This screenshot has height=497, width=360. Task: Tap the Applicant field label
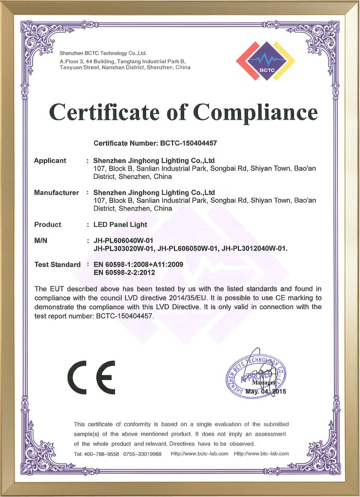point(50,161)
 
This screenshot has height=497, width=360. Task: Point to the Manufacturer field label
point(56,192)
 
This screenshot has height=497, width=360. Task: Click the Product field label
point(47,225)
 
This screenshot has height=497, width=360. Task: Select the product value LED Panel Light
point(120,225)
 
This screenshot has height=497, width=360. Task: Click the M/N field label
point(41,241)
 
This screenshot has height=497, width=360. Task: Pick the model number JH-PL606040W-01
point(123,241)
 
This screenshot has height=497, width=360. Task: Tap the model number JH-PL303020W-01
point(123,249)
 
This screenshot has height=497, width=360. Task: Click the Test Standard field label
point(58,265)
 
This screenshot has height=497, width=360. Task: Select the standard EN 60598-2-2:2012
point(124,273)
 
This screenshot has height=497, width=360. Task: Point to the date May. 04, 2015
point(266,392)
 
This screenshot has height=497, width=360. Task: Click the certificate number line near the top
point(155,143)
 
